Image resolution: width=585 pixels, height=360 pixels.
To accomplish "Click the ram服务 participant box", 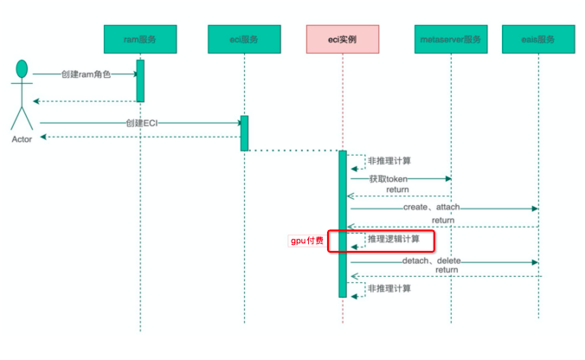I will point(140,39).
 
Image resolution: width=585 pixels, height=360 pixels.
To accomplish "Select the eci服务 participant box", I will point(245,39).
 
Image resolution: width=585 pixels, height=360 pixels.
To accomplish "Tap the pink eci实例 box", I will point(343,39).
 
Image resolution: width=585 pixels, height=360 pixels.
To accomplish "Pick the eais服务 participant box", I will point(538,39).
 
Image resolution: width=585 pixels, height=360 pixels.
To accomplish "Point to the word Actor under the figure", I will point(23,138).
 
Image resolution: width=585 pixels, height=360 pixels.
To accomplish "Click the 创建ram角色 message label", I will point(87,74).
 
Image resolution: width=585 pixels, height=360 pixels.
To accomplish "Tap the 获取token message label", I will point(389,179).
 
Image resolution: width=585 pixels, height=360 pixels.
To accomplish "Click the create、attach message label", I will point(431,208).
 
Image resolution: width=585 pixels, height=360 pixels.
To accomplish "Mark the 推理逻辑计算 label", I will point(395,239).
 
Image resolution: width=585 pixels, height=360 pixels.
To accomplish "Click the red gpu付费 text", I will point(306,241).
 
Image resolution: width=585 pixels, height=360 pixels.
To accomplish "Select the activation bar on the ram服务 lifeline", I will point(139,80).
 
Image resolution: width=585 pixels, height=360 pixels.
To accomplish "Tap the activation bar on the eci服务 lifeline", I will point(244,133).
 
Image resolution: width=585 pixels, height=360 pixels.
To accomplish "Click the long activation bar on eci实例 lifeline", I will point(343,225).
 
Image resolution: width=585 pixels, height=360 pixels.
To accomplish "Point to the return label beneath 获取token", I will point(397,190).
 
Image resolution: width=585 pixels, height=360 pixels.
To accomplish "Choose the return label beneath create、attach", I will point(442,221).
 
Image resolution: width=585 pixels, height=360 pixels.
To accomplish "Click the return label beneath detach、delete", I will point(447,270).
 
